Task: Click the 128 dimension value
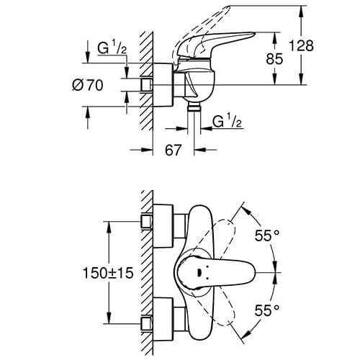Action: point(301,45)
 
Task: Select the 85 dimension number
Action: point(274,59)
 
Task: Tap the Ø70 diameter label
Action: point(88,85)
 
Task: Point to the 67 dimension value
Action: point(173,150)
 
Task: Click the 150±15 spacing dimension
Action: point(108,273)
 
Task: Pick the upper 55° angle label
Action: point(267,235)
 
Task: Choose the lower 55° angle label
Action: point(267,310)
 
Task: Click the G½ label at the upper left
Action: point(112,48)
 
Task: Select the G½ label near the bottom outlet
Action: point(227,122)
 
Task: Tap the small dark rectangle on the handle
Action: point(199,273)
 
